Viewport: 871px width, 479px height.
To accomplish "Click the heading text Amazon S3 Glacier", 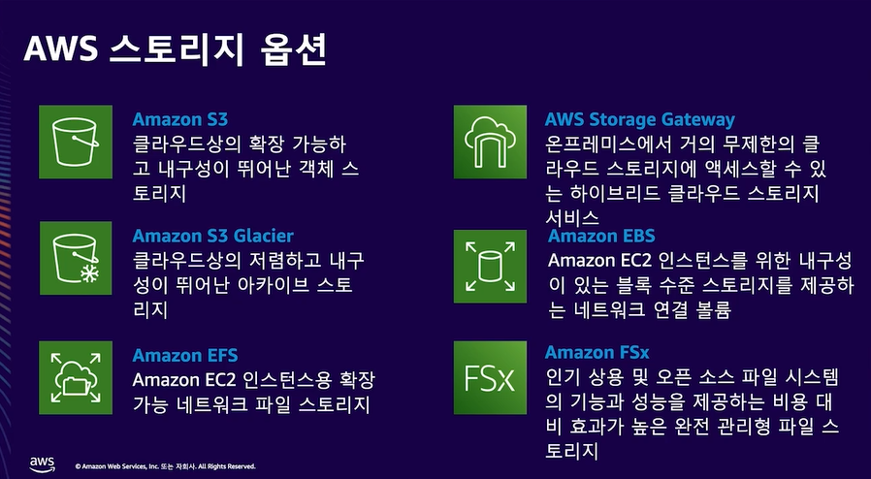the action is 212,236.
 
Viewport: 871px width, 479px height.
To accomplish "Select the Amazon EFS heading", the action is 185,355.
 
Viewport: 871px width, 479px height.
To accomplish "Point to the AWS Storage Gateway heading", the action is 639,120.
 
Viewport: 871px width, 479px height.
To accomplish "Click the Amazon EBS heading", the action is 601,236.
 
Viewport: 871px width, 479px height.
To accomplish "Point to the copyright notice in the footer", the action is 165,466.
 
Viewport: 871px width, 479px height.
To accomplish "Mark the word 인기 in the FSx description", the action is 564,377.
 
